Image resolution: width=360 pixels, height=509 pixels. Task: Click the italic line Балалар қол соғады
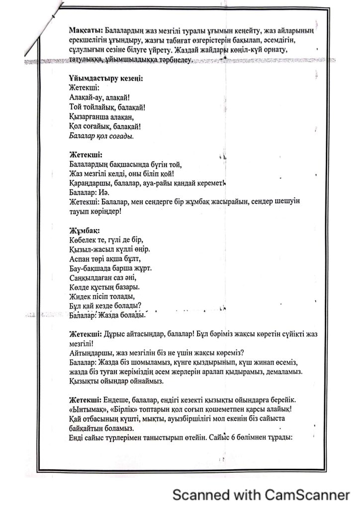click(x=101, y=135)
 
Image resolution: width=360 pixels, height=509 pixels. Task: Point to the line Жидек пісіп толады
click(x=100, y=297)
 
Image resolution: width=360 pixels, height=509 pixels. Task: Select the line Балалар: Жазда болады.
click(x=106, y=315)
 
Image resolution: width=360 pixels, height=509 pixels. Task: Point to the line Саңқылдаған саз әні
click(x=100, y=278)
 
